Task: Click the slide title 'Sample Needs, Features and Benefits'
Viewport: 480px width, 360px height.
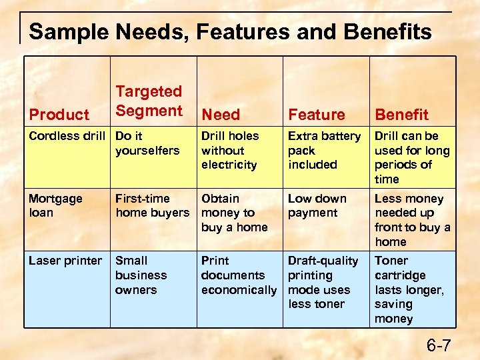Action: point(230,31)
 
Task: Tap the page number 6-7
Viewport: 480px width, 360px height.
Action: point(439,345)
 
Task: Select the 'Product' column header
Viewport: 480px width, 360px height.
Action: point(59,115)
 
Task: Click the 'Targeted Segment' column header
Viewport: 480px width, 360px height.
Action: point(149,101)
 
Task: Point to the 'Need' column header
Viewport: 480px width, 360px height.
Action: point(221,115)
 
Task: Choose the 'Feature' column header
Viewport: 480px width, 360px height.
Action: point(317,115)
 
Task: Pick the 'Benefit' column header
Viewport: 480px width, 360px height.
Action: point(401,115)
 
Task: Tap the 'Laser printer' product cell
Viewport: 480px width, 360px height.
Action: point(65,261)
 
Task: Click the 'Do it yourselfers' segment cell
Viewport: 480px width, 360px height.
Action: point(147,143)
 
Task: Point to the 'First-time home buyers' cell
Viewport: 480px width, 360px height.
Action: point(152,206)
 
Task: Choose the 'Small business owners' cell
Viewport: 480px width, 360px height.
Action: point(141,275)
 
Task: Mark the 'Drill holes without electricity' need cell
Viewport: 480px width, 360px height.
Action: point(229,150)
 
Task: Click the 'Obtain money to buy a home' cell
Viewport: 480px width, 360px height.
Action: point(234,213)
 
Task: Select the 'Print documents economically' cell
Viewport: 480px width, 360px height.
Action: point(238,275)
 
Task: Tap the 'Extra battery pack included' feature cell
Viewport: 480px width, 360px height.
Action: point(324,150)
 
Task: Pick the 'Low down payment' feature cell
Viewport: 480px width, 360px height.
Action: point(317,206)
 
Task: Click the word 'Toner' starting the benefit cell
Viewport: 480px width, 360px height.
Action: point(391,261)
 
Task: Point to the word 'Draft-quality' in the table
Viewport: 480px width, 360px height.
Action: point(323,261)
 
